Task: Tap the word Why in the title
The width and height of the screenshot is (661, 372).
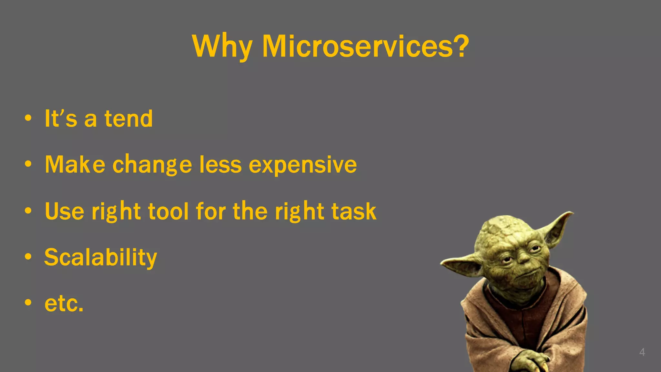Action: (222, 47)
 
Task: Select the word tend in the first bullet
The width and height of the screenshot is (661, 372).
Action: (128, 119)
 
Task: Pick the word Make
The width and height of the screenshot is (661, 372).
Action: (75, 165)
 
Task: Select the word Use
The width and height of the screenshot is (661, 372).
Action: (64, 211)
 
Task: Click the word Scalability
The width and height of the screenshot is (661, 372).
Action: (100, 258)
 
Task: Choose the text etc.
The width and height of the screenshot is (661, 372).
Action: (64, 304)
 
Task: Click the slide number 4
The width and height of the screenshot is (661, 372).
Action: (642, 352)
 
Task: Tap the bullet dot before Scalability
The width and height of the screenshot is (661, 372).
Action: (28, 257)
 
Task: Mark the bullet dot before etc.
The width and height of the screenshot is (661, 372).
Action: (28, 303)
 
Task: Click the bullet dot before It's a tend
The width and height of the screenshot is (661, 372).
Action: (28, 118)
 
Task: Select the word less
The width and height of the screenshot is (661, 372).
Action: (220, 165)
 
